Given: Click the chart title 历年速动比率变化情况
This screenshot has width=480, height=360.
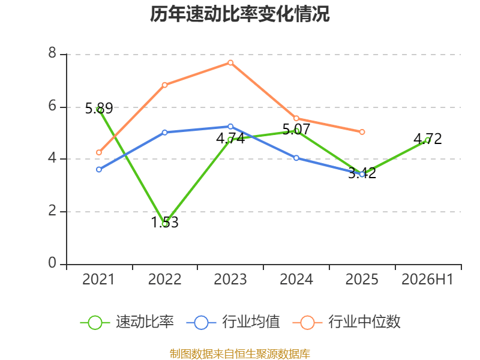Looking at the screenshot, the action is (239, 14).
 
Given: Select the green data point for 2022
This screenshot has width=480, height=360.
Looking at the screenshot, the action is (164, 224).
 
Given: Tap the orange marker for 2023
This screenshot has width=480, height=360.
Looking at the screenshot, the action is (230, 63).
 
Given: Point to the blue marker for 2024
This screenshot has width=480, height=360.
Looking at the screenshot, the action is (296, 158).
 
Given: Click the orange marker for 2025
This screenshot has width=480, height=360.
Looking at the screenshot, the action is (362, 132).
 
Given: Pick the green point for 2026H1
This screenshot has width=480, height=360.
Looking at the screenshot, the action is (428, 140).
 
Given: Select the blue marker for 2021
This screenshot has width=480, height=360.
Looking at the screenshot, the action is (99, 169).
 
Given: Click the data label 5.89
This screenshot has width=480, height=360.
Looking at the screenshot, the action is (99, 109).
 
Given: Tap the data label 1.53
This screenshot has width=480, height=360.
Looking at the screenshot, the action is (164, 222).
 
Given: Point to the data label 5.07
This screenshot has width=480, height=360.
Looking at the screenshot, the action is (296, 129).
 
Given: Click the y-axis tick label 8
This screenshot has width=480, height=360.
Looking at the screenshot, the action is (52, 53).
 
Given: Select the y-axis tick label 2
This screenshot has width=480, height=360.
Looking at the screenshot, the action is (52, 211).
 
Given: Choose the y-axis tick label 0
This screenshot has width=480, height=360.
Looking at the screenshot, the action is (52, 263).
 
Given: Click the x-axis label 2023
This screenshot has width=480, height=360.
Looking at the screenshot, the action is (230, 279).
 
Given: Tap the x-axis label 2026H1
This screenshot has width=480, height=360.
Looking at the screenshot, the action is (427, 279).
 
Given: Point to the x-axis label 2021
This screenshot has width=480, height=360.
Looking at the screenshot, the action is (98, 279).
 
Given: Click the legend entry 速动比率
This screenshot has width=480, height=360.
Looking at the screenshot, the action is (127, 322).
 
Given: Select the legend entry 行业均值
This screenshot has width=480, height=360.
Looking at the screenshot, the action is (233, 322).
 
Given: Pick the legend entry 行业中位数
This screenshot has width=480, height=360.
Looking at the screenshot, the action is (347, 322).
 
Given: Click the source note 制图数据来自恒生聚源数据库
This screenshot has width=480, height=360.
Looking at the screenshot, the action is (239, 354).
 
